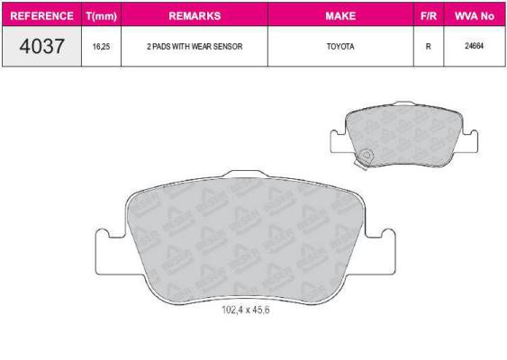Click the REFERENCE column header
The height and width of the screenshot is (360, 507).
41,16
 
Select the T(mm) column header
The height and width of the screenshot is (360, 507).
102,16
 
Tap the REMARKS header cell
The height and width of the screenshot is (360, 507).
195,16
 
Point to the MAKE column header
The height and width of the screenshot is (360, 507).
340,16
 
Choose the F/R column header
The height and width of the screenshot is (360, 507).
429,16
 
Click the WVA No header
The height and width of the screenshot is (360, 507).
475,16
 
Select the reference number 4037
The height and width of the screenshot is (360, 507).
41,46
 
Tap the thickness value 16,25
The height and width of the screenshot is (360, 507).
101,47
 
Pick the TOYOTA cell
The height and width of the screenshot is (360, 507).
340,47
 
